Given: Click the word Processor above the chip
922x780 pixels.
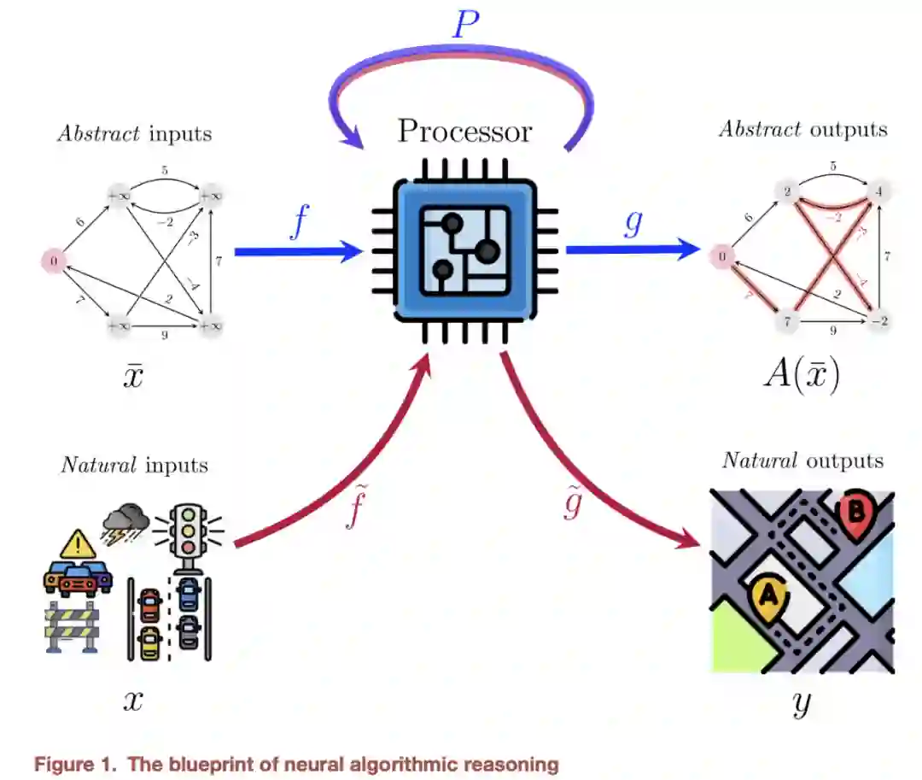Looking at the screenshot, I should click(464, 131).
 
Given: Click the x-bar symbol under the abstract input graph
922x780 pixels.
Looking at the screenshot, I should click(133, 376).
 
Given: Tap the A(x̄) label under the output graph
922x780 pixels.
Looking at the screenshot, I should click(801, 375).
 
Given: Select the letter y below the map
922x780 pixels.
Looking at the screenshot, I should click(802, 702).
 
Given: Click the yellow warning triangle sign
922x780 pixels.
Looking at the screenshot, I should click(78, 542).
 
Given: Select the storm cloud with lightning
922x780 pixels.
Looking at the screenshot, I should click(125, 519).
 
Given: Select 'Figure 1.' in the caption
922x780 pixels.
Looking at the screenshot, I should click(75, 764).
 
